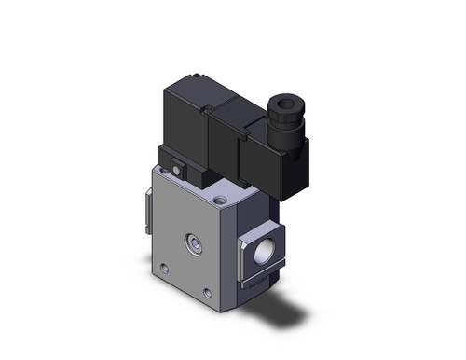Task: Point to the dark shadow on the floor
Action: [280, 308]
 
